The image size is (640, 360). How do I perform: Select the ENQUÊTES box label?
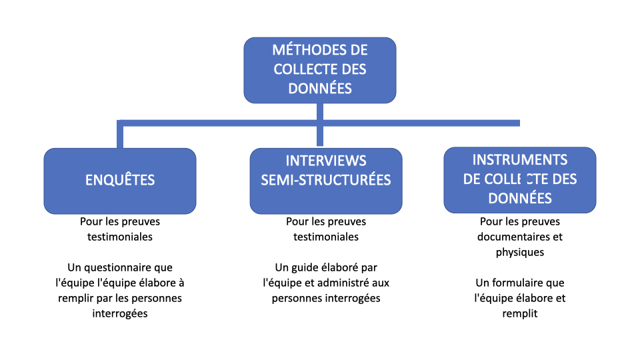[x=120, y=180]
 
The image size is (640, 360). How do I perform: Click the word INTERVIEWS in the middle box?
[x=326, y=161]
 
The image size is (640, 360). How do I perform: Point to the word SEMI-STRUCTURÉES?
[x=326, y=180]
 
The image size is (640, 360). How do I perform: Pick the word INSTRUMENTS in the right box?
[x=520, y=159]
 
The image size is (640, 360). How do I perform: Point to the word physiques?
[x=520, y=252]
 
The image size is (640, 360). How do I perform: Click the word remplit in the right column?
[x=520, y=314]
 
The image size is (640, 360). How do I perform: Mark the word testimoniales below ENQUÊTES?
[x=120, y=237]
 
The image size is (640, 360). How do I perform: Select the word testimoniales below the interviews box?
[x=326, y=237]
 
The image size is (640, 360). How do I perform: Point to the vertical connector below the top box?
[x=320, y=125]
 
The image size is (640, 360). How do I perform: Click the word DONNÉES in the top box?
[x=320, y=89]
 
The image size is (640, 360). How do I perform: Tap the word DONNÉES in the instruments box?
[x=520, y=199]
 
